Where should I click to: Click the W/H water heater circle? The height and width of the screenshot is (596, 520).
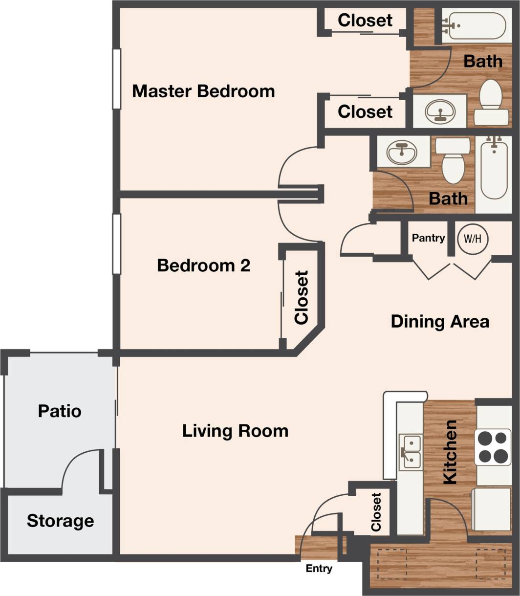[x=473, y=239]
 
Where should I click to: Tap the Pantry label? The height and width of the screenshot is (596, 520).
[x=428, y=238]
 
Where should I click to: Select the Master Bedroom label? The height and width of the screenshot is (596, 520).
[x=203, y=91]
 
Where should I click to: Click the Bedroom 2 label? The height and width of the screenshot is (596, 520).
[x=203, y=265]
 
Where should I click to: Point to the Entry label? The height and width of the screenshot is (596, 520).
[x=319, y=569]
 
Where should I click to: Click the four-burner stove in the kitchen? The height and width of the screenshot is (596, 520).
[x=493, y=446]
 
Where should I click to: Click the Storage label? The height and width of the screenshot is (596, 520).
[x=60, y=521]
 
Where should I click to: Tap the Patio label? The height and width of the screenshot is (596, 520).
[x=60, y=411]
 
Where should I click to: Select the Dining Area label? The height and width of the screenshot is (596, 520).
[x=440, y=322]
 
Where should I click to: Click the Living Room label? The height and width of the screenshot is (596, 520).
[x=235, y=431]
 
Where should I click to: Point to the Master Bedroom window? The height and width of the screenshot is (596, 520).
[x=116, y=79]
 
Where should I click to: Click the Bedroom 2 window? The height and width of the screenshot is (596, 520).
[x=116, y=244]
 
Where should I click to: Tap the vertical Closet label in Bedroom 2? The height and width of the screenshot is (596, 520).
[x=302, y=297]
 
